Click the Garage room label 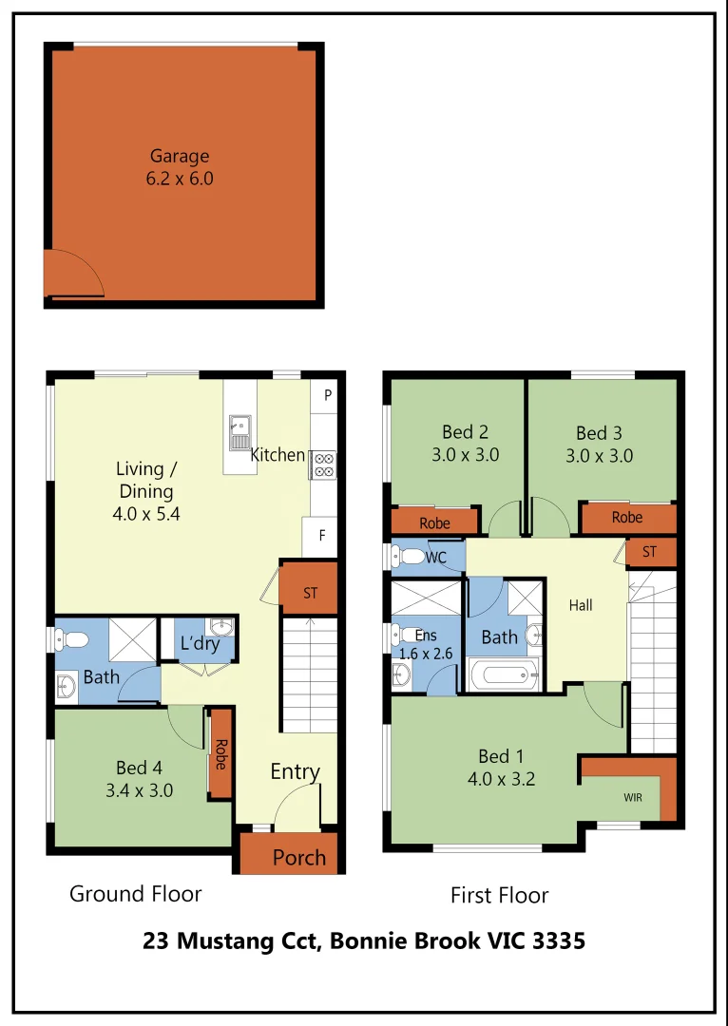click(x=179, y=157)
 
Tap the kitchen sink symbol click(x=239, y=432)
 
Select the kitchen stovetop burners click(x=323, y=464)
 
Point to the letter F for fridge click(x=322, y=536)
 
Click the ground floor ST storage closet click(x=310, y=594)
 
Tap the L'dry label click(x=200, y=644)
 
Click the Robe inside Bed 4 click(x=220, y=753)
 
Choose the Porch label click(x=299, y=858)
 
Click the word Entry click(x=295, y=771)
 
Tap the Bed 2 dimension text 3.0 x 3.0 click(x=465, y=455)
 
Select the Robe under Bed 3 click(x=627, y=518)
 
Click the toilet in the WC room click(x=410, y=556)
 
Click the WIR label click(x=633, y=798)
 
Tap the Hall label click(x=581, y=605)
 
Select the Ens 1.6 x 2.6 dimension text click(x=426, y=654)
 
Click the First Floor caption click(x=499, y=895)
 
